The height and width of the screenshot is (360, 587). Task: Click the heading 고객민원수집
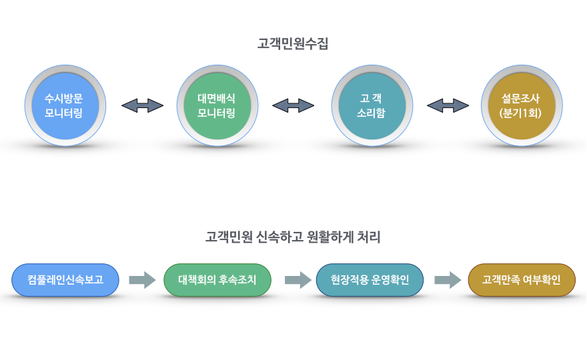[293, 44]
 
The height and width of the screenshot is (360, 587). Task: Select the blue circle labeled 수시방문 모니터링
[64, 105]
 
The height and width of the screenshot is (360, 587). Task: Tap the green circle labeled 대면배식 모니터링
[216, 105]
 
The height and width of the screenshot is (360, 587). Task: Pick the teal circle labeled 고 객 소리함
[371, 105]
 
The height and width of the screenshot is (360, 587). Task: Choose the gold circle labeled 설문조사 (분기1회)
[520, 105]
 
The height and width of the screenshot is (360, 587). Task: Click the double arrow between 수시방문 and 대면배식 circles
[142, 105]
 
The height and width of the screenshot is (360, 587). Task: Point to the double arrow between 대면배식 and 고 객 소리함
[293, 105]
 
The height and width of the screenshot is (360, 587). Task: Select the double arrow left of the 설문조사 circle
[448, 105]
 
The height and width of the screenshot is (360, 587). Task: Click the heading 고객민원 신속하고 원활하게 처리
[293, 237]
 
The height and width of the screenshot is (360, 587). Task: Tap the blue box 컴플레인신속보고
[65, 280]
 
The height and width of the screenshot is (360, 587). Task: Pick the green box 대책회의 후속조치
[217, 280]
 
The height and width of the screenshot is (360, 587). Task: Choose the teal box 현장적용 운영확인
[370, 280]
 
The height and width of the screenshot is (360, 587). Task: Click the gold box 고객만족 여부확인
[522, 280]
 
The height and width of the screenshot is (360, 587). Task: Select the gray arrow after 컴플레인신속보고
[141, 280]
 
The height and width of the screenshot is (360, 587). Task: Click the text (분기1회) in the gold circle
[520, 113]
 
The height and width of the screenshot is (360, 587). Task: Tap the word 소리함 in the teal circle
[371, 113]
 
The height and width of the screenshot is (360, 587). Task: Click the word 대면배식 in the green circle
[216, 98]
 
